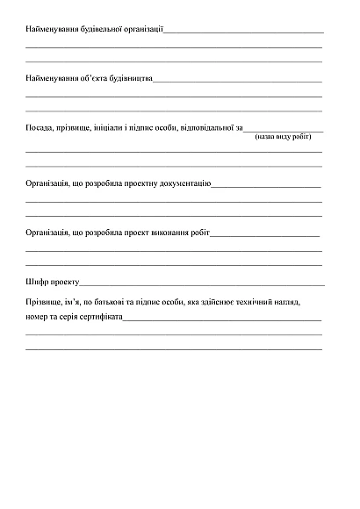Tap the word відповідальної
tap(205, 129)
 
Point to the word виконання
tap(168, 233)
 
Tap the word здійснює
tap(212, 302)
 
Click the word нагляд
tap(287, 302)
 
